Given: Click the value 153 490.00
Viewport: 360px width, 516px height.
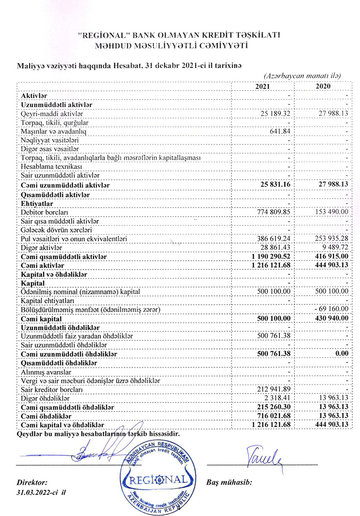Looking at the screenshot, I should tap(331, 211).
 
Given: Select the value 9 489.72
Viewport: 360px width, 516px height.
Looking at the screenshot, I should tap(334, 247).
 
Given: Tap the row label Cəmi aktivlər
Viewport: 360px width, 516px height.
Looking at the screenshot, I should tap(42, 265).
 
